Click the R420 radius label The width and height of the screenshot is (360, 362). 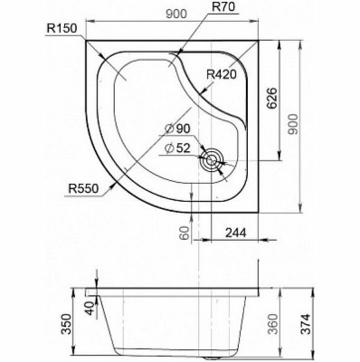pyautogui.click(x=221, y=74)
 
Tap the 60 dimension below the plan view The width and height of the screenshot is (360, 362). pyautogui.click(x=185, y=233)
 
